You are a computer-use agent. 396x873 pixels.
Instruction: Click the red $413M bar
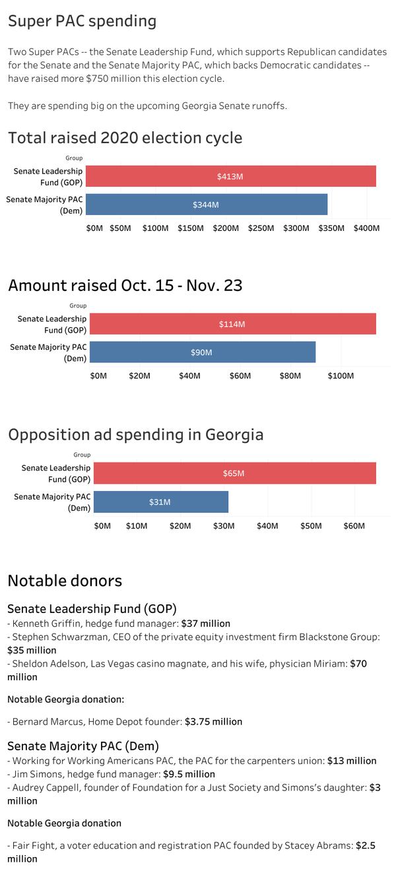pyautogui.click(x=230, y=176)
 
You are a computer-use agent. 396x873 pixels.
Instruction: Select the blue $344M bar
pyautogui.click(x=206, y=205)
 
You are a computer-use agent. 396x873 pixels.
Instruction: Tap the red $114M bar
pyautogui.click(x=232, y=324)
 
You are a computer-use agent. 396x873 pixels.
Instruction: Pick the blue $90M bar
pyautogui.click(x=202, y=352)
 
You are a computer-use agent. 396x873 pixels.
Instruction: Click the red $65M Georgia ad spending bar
pyautogui.click(x=234, y=473)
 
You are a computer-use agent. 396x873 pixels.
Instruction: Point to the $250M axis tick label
pyautogui.click(x=261, y=228)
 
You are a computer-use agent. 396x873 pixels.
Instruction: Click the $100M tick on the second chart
pyautogui.click(x=341, y=376)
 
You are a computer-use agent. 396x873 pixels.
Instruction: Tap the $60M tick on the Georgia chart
pyautogui.click(x=354, y=526)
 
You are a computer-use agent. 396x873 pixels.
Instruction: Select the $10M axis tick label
pyautogui.click(x=137, y=526)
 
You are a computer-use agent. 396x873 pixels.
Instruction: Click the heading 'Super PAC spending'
pyautogui.click(x=82, y=21)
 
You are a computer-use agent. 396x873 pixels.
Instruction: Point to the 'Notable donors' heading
pyautogui.click(x=65, y=581)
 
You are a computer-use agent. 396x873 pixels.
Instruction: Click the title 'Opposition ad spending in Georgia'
pyautogui.click(x=135, y=434)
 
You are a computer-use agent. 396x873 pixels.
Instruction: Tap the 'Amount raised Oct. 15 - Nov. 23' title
pyautogui.click(x=125, y=285)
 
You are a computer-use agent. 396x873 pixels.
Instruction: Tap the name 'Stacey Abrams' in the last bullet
pyautogui.click(x=318, y=845)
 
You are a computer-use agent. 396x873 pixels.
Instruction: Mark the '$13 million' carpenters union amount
pyautogui.click(x=352, y=761)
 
